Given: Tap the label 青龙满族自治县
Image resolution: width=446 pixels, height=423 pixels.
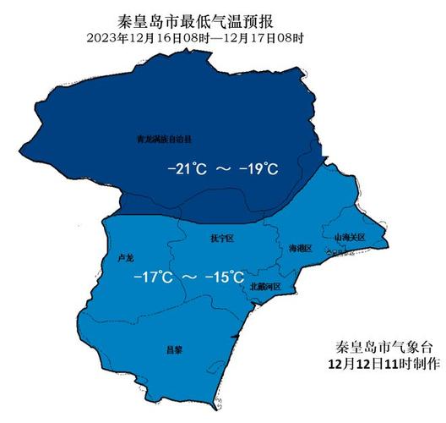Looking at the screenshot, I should [x=165, y=136].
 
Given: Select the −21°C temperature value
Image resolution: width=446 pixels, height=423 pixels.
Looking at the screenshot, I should [x=188, y=169].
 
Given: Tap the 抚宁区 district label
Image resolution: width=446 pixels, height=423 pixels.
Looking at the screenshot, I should [x=220, y=239].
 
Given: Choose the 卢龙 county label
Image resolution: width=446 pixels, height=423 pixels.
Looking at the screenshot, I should [x=125, y=255].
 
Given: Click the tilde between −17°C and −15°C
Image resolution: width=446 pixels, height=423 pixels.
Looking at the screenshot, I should [x=189, y=277].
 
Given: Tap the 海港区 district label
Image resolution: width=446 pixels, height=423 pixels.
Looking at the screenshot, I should [x=301, y=249].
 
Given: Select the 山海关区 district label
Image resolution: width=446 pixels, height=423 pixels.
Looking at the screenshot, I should [x=349, y=238].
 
